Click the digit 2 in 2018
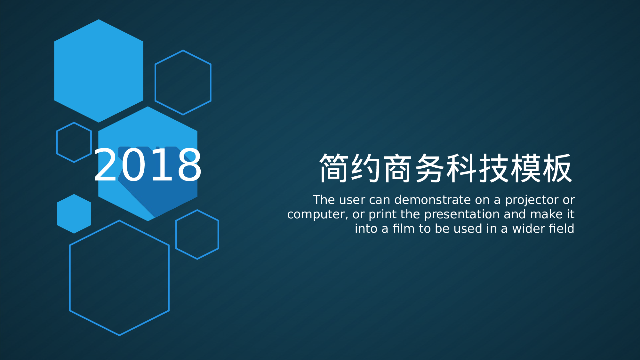[105, 165]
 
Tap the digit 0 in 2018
[131, 165]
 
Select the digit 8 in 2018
[189, 165]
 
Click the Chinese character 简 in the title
[333, 168]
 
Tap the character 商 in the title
[397, 168]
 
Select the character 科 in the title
[461, 168]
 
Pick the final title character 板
[557, 168]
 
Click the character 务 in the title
[429, 168]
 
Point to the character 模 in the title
[525, 168]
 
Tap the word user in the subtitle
[352, 200]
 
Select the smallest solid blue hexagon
[74, 214]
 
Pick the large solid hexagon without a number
[99, 71]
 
